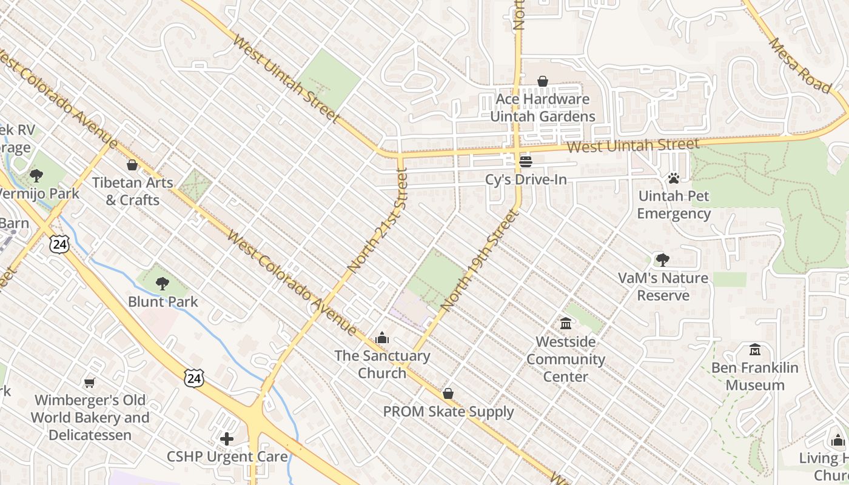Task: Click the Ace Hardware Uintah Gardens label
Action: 542,107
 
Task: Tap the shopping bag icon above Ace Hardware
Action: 543,81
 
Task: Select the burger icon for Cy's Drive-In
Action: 526,162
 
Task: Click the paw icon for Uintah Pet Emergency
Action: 674,178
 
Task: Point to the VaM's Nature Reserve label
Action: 663,287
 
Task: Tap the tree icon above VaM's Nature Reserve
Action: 663,260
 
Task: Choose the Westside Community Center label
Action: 565,359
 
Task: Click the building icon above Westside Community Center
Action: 566,323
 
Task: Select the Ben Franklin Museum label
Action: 755,376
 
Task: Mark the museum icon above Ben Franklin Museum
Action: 755,350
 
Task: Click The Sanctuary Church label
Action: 382,364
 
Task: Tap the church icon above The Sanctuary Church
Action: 382,338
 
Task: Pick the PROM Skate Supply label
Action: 448,412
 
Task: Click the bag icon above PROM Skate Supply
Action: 448,394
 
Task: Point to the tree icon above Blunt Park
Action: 162,283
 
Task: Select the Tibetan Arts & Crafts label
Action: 132,191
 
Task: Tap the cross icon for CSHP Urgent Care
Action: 227,439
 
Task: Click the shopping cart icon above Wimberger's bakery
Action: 90,383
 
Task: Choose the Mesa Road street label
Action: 800,65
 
